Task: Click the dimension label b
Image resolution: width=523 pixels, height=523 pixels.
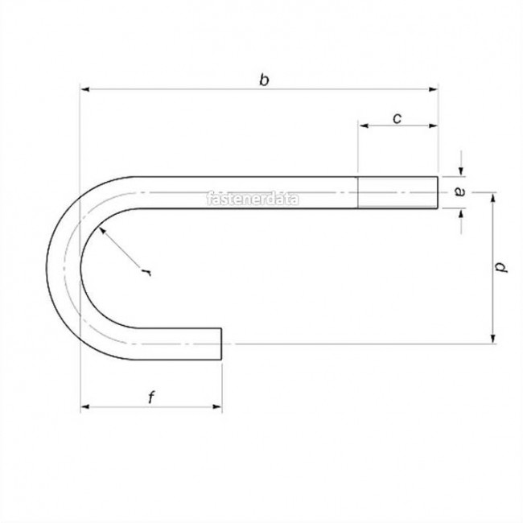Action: coord(263,79)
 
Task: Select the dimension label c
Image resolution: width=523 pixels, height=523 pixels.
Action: coord(397,118)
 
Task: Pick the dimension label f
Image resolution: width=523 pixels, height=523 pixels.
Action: coord(150,397)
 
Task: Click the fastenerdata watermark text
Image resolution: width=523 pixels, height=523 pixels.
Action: coord(253,198)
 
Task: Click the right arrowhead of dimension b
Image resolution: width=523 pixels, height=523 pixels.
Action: coord(434,89)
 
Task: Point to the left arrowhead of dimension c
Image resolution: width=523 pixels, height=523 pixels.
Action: coord(363,126)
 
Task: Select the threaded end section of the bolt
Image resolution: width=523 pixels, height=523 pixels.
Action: coord(397,192)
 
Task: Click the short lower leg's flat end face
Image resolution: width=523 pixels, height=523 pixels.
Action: coord(221,336)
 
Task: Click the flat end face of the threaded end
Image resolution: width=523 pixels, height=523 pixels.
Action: coord(439,192)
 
